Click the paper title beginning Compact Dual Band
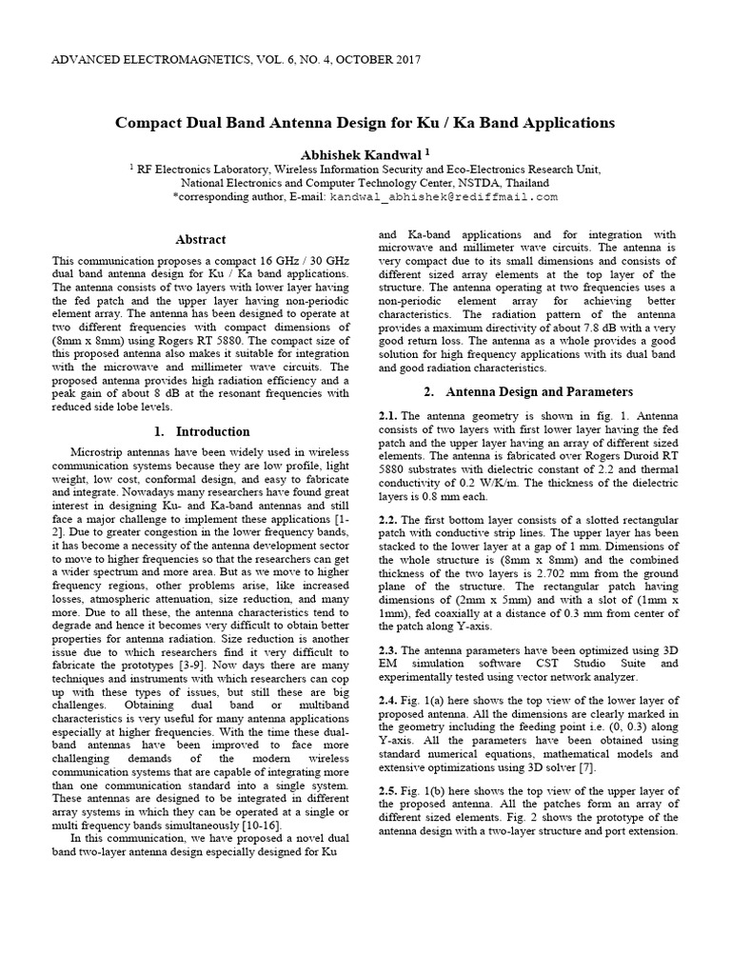pos(365,123)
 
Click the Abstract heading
pos(201,240)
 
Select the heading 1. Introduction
pos(202,431)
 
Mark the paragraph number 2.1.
pos(386,416)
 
